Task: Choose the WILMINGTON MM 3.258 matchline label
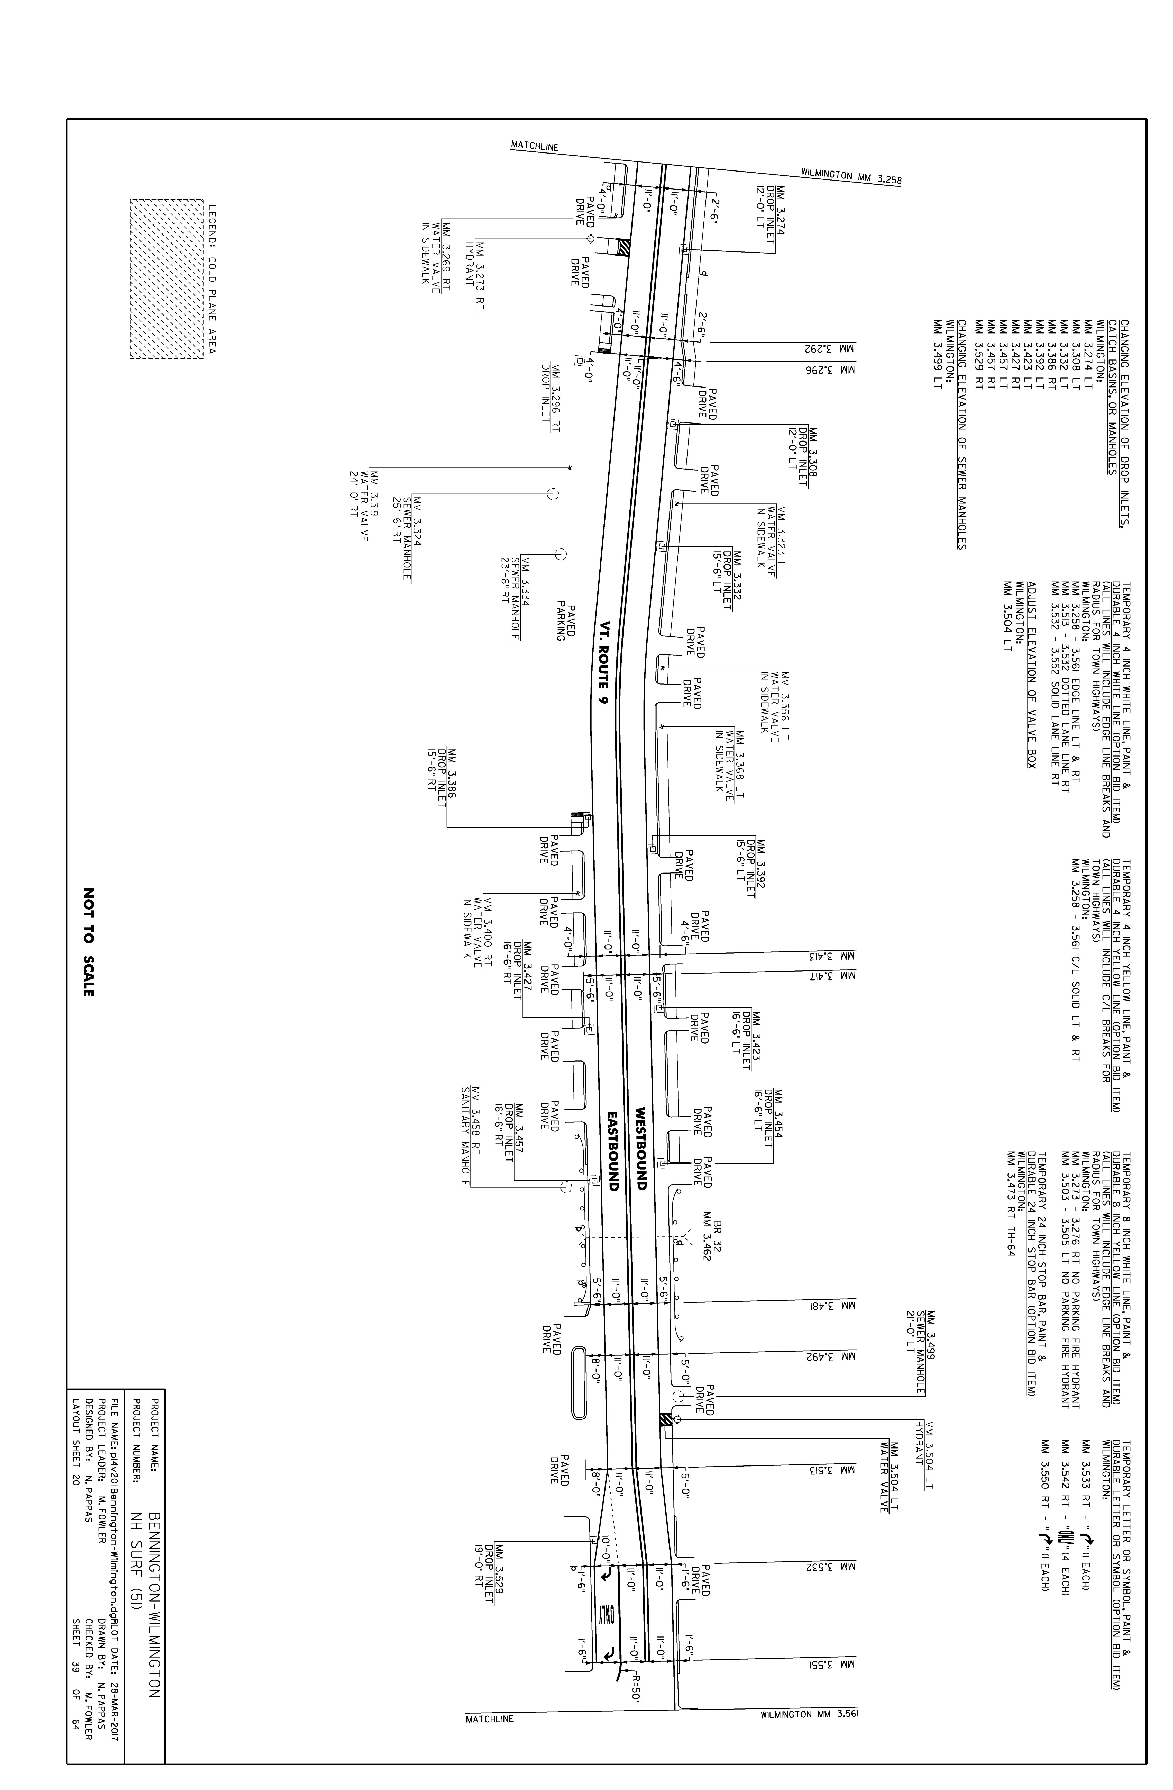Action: coord(851,176)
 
